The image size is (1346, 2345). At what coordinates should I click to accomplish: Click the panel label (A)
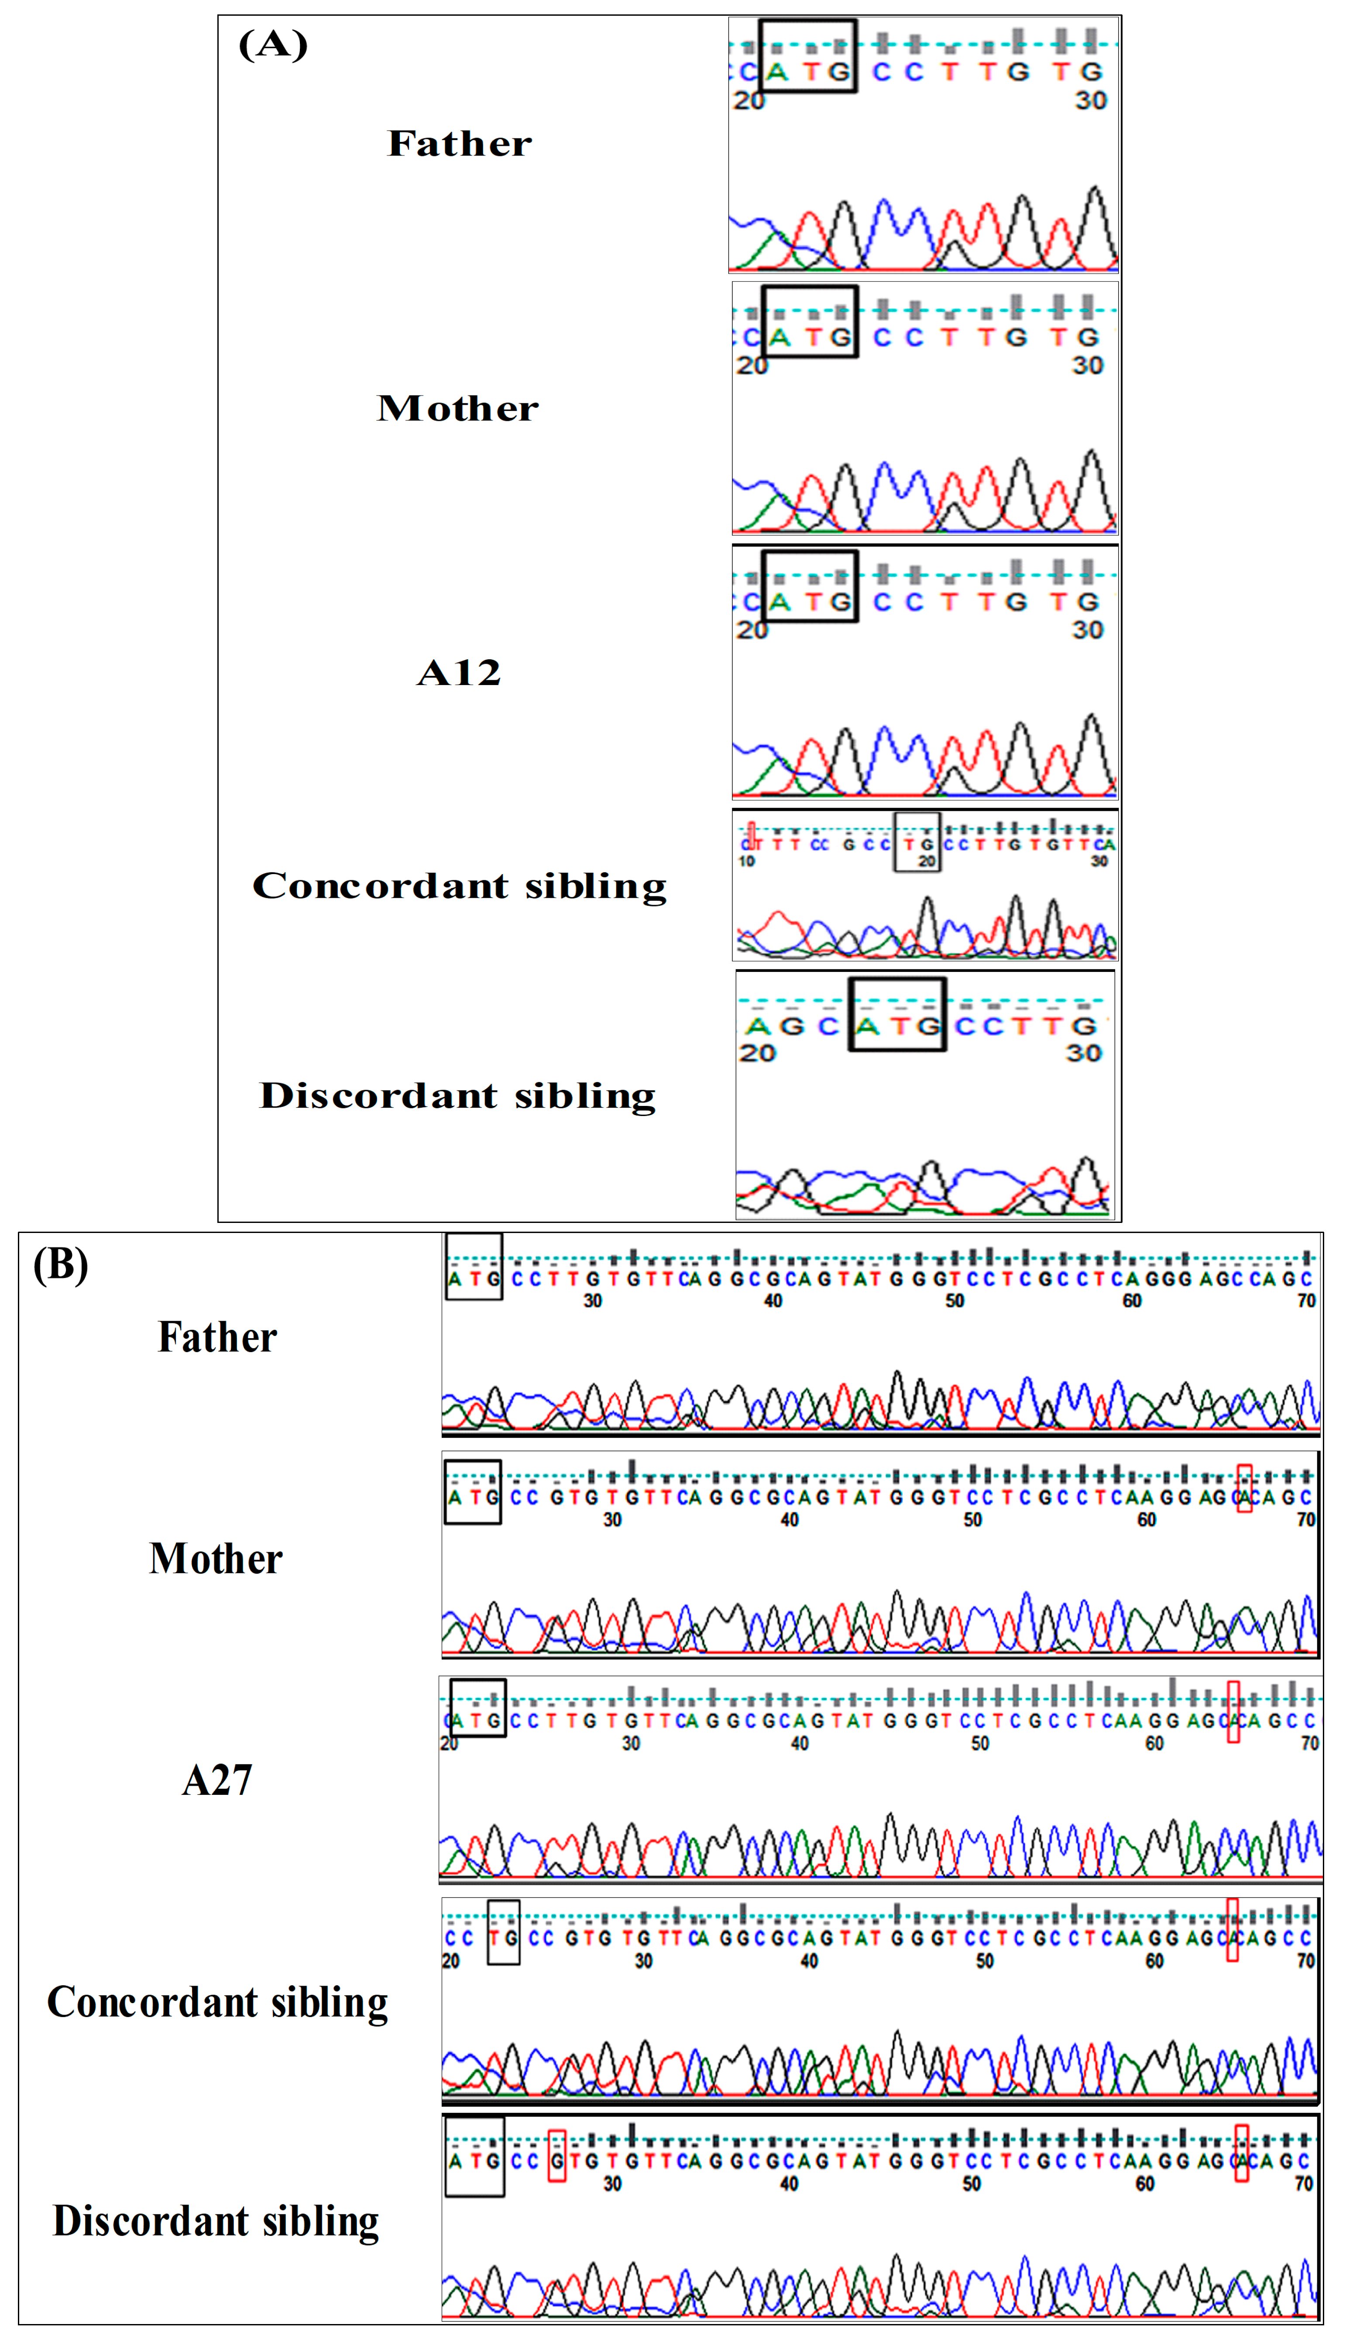[x=273, y=45]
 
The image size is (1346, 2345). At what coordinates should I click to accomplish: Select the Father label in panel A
[x=460, y=143]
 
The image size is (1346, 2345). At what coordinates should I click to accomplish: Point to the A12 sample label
[x=459, y=672]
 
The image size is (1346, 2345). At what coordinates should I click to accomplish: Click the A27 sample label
[x=217, y=1780]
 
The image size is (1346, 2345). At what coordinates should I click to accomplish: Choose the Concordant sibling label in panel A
[x=460, y=886]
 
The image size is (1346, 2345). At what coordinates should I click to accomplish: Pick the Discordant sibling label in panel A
[x=457, y=1096]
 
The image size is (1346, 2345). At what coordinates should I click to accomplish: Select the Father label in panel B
[x=217, y=1337]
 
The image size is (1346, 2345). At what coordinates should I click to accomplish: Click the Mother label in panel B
[x=216, y=1559]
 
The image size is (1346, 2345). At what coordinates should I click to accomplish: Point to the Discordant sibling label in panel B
[x=216, y=2221]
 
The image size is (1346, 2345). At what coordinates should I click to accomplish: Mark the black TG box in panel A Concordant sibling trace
[x=917, y=842]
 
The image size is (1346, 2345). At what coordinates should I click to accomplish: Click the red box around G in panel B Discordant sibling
[x=556, y=2156]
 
